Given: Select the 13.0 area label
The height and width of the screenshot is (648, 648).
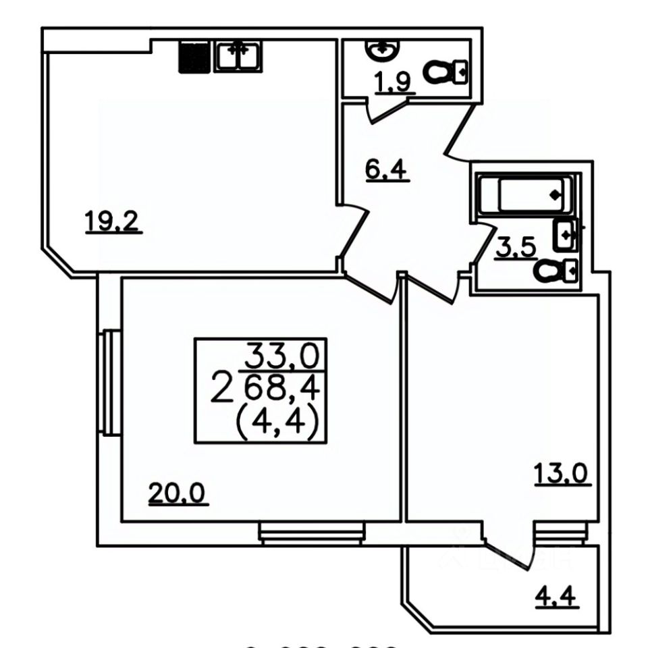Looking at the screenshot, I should (562, 473).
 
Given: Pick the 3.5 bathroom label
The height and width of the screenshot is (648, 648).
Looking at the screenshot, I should (516, 248).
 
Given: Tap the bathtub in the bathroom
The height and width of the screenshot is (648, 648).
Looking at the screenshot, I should (526, 195).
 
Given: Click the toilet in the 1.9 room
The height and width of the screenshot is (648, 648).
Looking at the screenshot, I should (446, 70).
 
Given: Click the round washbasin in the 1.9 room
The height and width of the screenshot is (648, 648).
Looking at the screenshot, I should (382, 49).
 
